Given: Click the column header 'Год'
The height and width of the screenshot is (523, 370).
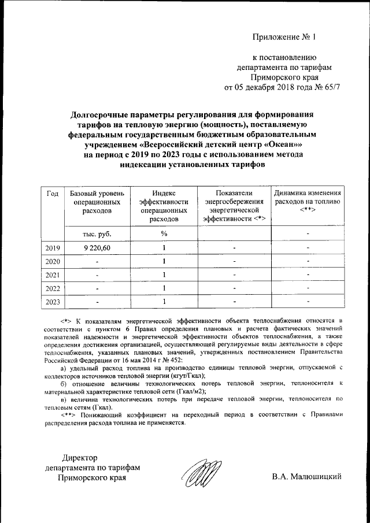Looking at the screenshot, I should [53, 194].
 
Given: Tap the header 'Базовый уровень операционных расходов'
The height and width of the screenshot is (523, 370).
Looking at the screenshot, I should [97, 203].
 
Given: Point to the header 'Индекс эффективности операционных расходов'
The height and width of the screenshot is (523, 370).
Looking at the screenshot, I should [164, 206].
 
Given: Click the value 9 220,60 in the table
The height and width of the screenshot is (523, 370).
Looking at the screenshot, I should [97, 248].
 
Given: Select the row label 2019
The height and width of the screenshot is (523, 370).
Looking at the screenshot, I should [53, 248].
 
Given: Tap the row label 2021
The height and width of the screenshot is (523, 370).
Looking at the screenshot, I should [53, 275].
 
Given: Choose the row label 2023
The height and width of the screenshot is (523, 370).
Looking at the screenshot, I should [53, 301].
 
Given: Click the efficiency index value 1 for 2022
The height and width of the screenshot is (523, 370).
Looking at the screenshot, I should [164, 288].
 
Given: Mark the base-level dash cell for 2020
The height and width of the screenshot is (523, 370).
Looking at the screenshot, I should [97, 261].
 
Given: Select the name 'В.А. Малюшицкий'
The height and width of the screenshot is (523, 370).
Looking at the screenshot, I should [307, 477].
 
